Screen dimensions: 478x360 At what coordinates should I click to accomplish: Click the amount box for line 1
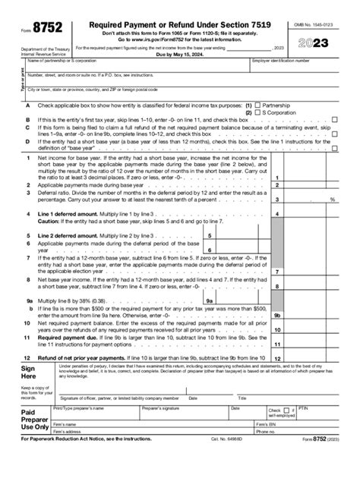click(x=312, y=178)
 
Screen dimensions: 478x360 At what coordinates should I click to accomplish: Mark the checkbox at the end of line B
click(x=334, y=120)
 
